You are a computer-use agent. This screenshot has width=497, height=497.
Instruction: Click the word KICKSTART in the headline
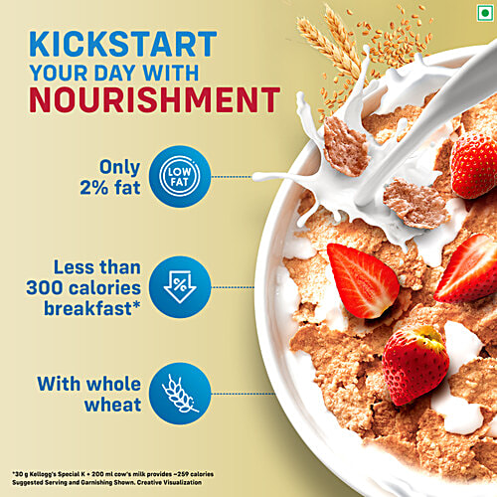pos(123,44)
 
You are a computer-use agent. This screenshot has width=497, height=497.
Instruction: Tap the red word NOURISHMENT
pos(153,99)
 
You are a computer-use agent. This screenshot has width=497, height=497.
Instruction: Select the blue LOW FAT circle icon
pos(179,178)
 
